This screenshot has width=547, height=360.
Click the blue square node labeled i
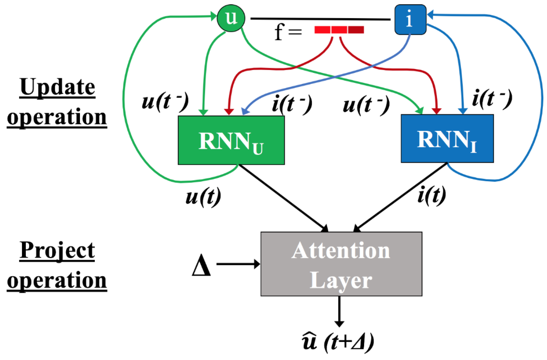coord(409,20)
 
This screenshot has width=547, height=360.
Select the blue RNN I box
coord(447,138)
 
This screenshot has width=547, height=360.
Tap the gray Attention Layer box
coord(341,263)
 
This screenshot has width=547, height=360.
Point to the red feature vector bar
coord(339,30)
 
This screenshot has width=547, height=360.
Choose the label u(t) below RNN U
coord(203,197)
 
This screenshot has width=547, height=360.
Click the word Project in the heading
coord(58,250)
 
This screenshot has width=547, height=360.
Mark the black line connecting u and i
coord(320,19)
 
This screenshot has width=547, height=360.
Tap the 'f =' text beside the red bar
coord(287,33)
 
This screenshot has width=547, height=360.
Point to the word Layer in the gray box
coord(341,280)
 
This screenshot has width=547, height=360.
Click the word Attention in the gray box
coord(341,251)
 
